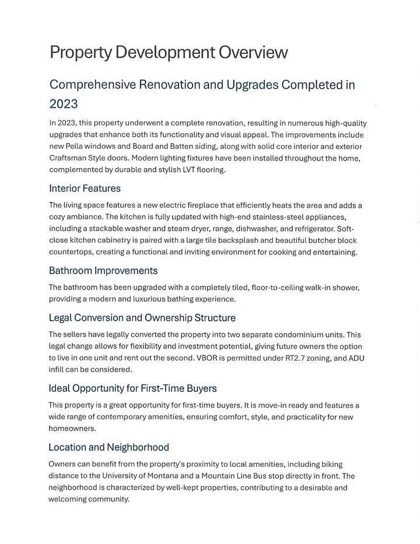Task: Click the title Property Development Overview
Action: pyautogui.click(x=169, y=53)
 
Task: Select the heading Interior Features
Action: pyautogui.click(x=85, y=189)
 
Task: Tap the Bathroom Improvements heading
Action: pyautogui.click(x=103, y=271)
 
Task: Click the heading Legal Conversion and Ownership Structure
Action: pyautogui.click(x=142, y=318)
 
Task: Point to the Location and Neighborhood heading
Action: pyautogui.click(x=108, y=448)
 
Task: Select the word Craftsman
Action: pyautogui.click(x=71, y=158)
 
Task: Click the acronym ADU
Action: pyautogui.click(x=355, y=358)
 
